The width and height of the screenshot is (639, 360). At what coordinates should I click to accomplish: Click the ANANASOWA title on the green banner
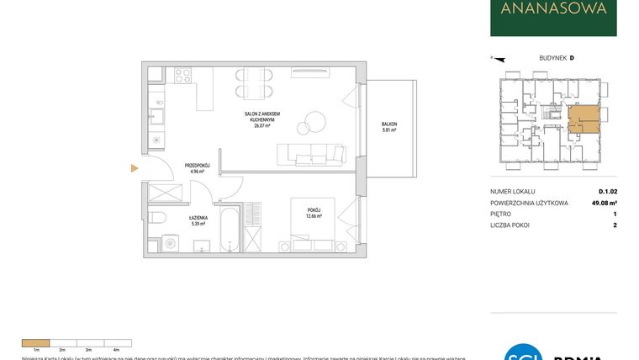pos(553,11)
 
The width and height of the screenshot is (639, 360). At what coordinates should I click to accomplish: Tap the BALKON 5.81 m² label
pos(389,127)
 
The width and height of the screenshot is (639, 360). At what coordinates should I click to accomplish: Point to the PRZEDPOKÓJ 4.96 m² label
pos(197,168)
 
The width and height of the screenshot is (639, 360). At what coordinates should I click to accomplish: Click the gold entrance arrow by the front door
pos(134,168)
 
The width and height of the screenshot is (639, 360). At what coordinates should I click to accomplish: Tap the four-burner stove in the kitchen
pos(182,75)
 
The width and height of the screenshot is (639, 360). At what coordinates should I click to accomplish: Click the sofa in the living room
pos(312,153)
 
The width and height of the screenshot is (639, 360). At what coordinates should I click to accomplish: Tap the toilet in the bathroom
pos(157,218)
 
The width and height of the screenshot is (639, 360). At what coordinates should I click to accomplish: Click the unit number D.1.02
pos(608,192)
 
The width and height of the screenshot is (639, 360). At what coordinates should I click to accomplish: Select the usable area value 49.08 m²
pos(605,203)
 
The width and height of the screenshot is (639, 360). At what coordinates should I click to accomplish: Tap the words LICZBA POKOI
pos(510,225)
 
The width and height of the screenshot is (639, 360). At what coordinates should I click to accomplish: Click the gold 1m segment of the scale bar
pos(34,342)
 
